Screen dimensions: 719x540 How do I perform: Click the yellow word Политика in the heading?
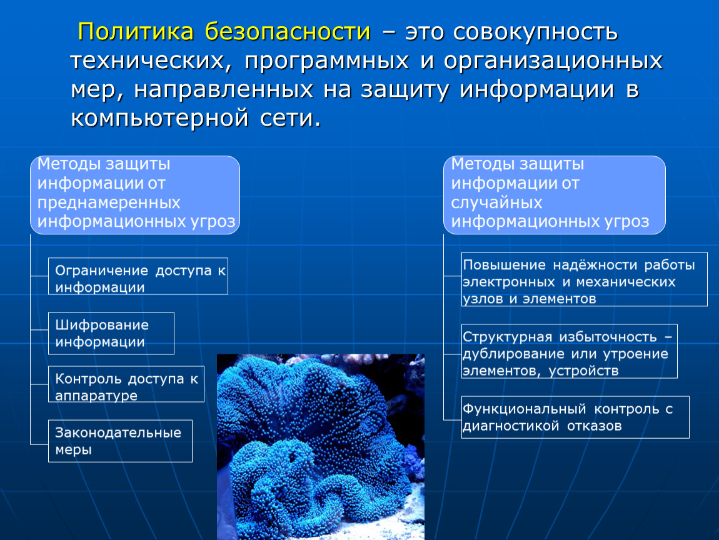click(x=136, y=32)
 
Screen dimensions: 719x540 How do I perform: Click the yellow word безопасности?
click(x=288, y=32)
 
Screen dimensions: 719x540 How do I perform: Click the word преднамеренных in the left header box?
click(x=109, y=202)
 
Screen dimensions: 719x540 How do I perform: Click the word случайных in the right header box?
click(x=496, y=202)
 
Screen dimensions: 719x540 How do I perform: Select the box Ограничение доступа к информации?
click(x=138, y=276)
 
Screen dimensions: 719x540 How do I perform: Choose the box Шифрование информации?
click(x=111, y=333)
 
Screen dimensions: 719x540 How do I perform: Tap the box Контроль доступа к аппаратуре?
click(x=126, y=384)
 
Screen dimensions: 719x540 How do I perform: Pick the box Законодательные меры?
click(x=120, y=441)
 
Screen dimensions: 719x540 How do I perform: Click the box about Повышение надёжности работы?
click(x=584, y=279)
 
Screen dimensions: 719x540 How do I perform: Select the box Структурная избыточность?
click(x=569, y=351)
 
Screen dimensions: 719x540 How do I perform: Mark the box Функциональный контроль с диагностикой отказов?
click(x=575, y=417)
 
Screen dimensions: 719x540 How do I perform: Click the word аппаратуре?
click(x=96, y=396)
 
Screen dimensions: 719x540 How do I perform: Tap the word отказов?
click(x=595, y=426)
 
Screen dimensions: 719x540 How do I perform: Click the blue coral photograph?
click(x=321, y=446)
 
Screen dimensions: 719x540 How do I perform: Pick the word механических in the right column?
click(x=626, y=281)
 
